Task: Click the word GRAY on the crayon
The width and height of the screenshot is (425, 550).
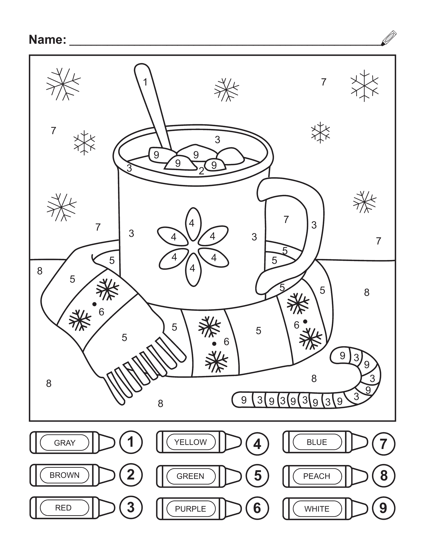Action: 64,443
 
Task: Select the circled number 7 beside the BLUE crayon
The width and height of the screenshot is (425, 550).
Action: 383,444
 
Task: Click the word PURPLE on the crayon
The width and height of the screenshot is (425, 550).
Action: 190,509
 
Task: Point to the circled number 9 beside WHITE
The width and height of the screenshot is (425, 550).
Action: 383,508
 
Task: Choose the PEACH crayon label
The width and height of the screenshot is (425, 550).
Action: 317,476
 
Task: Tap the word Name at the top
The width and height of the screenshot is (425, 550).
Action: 47,39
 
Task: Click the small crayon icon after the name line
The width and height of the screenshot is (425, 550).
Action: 389,38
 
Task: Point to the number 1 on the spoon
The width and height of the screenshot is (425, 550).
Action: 145,82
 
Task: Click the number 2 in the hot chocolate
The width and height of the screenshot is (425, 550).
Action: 201,171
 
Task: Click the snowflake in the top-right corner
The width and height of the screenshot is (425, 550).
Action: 364,86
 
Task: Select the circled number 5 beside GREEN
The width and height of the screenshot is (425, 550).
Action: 257,476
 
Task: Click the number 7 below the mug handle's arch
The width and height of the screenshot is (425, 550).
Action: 286,220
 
